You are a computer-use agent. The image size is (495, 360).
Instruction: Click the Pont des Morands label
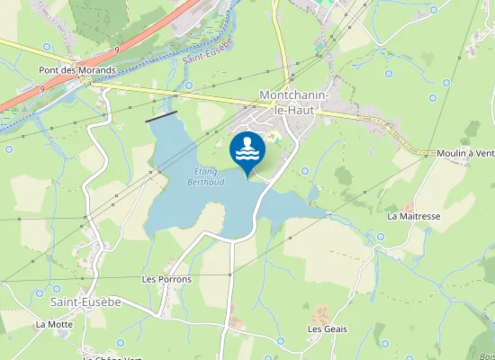(x=76, y=70)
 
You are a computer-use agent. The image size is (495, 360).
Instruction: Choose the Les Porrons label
(x=166, y=279)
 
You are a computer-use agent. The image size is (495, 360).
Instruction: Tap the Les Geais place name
(x=327, y=328)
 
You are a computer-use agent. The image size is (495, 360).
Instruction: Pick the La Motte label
(x=54, y=324)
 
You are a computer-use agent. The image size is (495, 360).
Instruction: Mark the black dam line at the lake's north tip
(x=161, y=116)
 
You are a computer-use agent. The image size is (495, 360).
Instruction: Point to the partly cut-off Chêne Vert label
(x=112, y=357)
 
